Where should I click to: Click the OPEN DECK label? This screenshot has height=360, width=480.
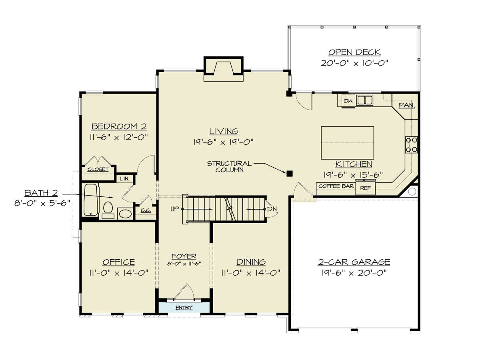[x=354, y=52]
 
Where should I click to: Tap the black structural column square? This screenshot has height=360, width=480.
[x=289, y=174]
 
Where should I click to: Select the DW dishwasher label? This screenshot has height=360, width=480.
[x=348, y=101]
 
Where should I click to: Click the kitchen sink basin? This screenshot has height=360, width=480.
[x=364, y=100]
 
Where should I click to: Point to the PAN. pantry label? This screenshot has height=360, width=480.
[x=406, y=105]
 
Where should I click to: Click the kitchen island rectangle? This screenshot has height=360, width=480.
[x=347, y=143]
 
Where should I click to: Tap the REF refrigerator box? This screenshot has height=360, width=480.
[x=365, y=188]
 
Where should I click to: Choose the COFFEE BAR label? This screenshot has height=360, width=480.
[x=336, y=186]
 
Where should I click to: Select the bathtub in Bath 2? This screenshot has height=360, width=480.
[x=90, y=200]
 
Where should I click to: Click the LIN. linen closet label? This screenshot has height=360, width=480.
[x=125, y=178]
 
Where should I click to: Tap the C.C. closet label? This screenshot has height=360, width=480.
[x=146, y=211]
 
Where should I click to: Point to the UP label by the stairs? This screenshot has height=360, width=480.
[x=174, y=209]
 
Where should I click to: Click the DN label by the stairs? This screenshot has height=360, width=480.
[x=272, y=209]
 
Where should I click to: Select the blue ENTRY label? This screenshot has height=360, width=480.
[x=184, y=308]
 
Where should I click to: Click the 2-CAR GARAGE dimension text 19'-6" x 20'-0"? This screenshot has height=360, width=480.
[x=354, y=272]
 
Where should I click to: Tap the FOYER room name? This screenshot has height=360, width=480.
[x=184, y=256]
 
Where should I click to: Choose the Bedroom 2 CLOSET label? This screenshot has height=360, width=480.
[x=98, y=169]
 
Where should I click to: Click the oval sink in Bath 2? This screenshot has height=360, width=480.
[x=125, y=214]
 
